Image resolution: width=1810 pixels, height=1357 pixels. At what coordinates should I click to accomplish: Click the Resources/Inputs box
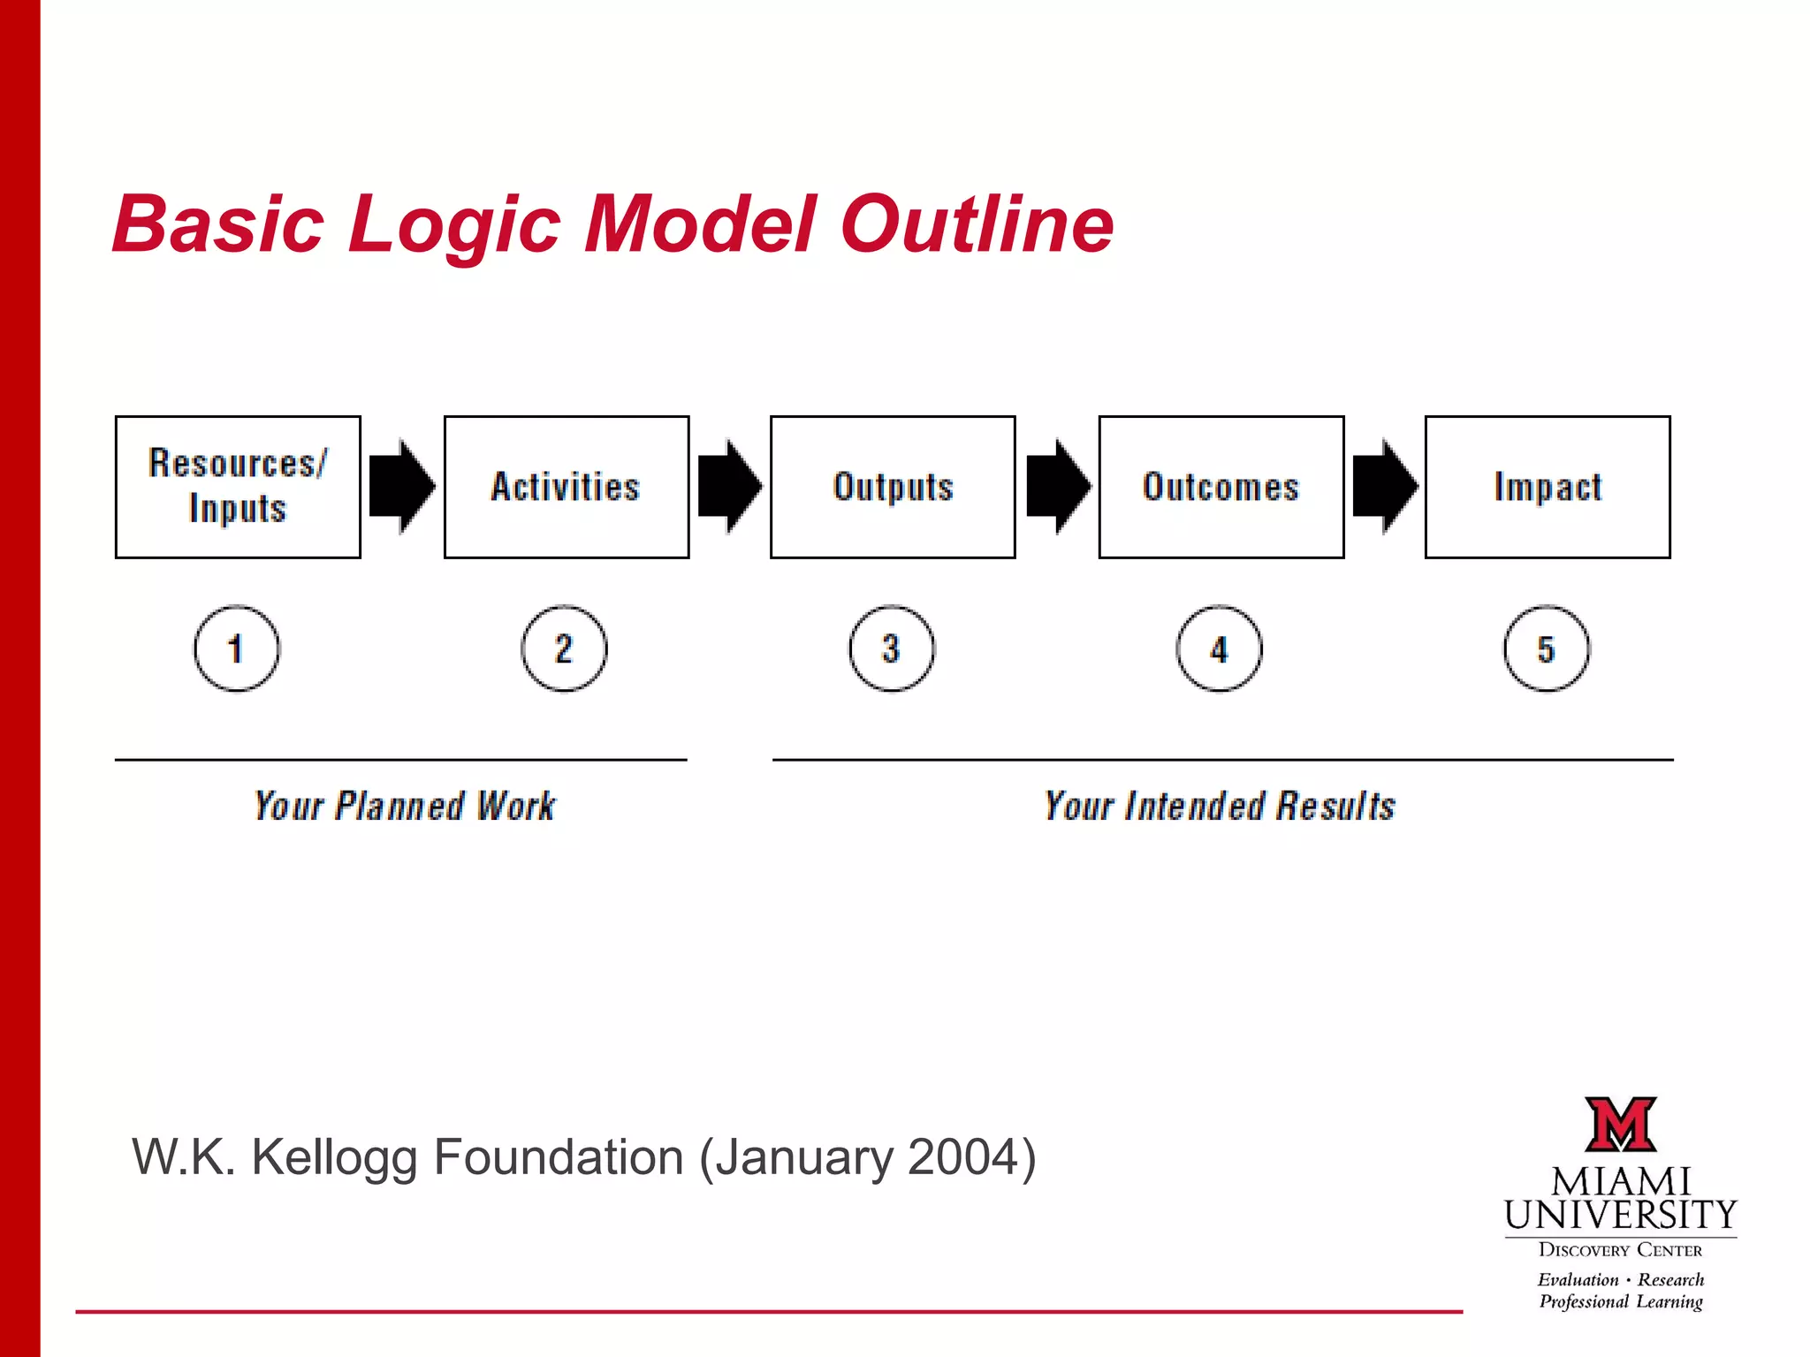pyautogui.click(x=238, y=487)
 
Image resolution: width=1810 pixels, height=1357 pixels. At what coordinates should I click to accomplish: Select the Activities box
pyautogui.click(x=567, y=487)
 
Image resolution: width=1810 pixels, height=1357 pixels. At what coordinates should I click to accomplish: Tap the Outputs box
pyautogui.click(x=893, y=487)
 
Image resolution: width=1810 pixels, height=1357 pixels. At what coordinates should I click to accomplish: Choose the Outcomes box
pyautogui.click(x=1221, y=487)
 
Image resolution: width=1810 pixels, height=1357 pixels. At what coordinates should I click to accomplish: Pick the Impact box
pyautogui.click(x=1548, y=487)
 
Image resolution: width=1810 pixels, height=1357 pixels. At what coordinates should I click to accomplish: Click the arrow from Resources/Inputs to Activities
pyautogui.click(x=401, y=486)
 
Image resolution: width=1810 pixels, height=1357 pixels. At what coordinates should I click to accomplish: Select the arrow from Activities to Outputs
pyautogui.click(x=729, y=486)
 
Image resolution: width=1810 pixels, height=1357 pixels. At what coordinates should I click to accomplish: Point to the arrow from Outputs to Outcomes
pyautogui.click(x=1058, y=486)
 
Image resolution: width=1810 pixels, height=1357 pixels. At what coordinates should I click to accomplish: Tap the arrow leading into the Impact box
pyautogui.click(x=1385, y=486)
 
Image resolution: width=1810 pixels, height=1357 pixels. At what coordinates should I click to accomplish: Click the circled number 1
pyautogui.click(x=236, y=648)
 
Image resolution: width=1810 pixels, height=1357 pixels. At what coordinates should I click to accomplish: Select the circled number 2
pyautogui.click(x=564, y=648)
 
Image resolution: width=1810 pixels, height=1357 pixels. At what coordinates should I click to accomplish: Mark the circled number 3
pyautogui.click(x=892, y=648)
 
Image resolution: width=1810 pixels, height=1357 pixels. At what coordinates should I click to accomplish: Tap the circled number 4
pyautogui.click(x=1219, y=649)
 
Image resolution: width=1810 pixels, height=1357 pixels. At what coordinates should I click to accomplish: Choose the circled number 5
pyautogui.click(x=1546, y=649)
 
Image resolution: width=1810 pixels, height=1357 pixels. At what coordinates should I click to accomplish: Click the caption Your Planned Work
pyautogui.click(x=405, y=806)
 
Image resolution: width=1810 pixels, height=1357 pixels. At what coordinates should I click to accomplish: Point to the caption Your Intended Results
pyautogui.click(x=1220, y=806)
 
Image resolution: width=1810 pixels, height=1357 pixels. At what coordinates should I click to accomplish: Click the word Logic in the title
pyautogui.click(x=454, y=226)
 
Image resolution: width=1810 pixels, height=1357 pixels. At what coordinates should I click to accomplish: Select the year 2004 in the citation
pyautogui.click(x=962, y=1156)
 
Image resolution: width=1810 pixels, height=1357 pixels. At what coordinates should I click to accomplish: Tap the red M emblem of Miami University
pyautogui.click(x=1620, y=1125)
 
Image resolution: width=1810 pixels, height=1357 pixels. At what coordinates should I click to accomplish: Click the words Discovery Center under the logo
pyautogui.click(x=1620, y=1250)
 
